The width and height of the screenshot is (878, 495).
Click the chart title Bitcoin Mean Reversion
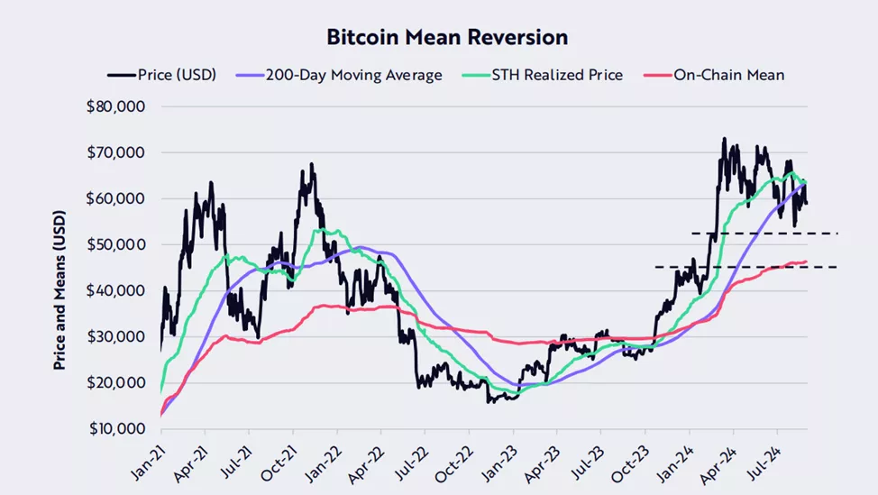pos(447,38)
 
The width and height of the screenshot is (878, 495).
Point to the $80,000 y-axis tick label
pos(116,106)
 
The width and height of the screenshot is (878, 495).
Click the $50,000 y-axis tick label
pos(116,244)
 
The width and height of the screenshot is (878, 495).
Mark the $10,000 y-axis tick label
pos(116,428)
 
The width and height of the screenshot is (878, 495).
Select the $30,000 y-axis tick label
pos(116,336)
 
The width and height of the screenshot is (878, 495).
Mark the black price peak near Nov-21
pos(312,164)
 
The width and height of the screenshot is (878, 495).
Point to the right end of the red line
pos(806,261)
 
